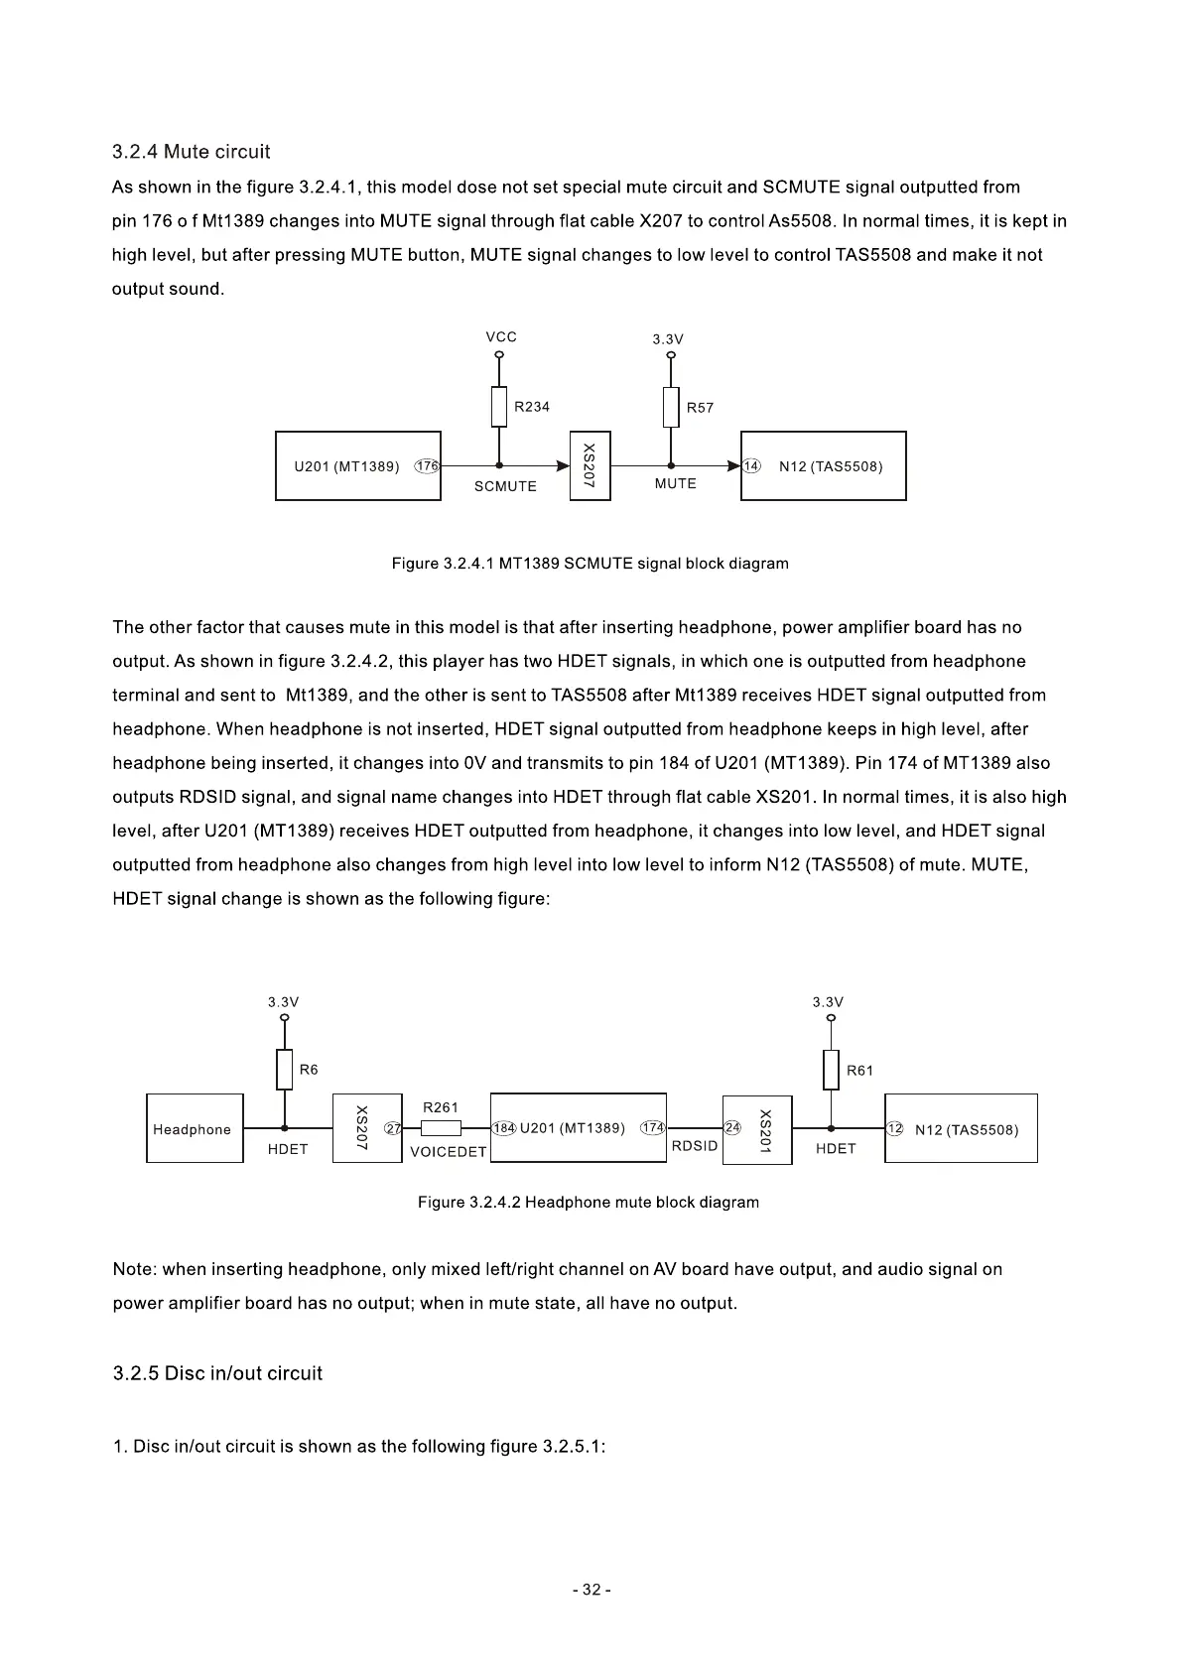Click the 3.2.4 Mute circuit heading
coord(191,152)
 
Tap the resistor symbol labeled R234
coord(499,407)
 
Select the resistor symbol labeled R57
coord(671,408)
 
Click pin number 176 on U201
coord(427,466)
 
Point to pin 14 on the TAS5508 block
coord(751,466)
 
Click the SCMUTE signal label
coord(505,486)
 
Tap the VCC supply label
coord(501,337)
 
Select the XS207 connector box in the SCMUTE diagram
coord(590,465)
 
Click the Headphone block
coord(195,1128)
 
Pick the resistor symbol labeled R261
coord(441,1128)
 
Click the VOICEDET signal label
coord(449,1152)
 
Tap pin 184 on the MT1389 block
coord(504,1128)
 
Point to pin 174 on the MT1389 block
coord(652,1128)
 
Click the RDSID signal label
coord(695,1146)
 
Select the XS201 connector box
coord(757,1129)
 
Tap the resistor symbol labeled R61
coord(831,1070)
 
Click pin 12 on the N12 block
coord(894,1129)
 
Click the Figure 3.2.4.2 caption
coord(589,1203)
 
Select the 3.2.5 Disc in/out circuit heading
coord(217,1373)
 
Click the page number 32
coord(591,1590)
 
